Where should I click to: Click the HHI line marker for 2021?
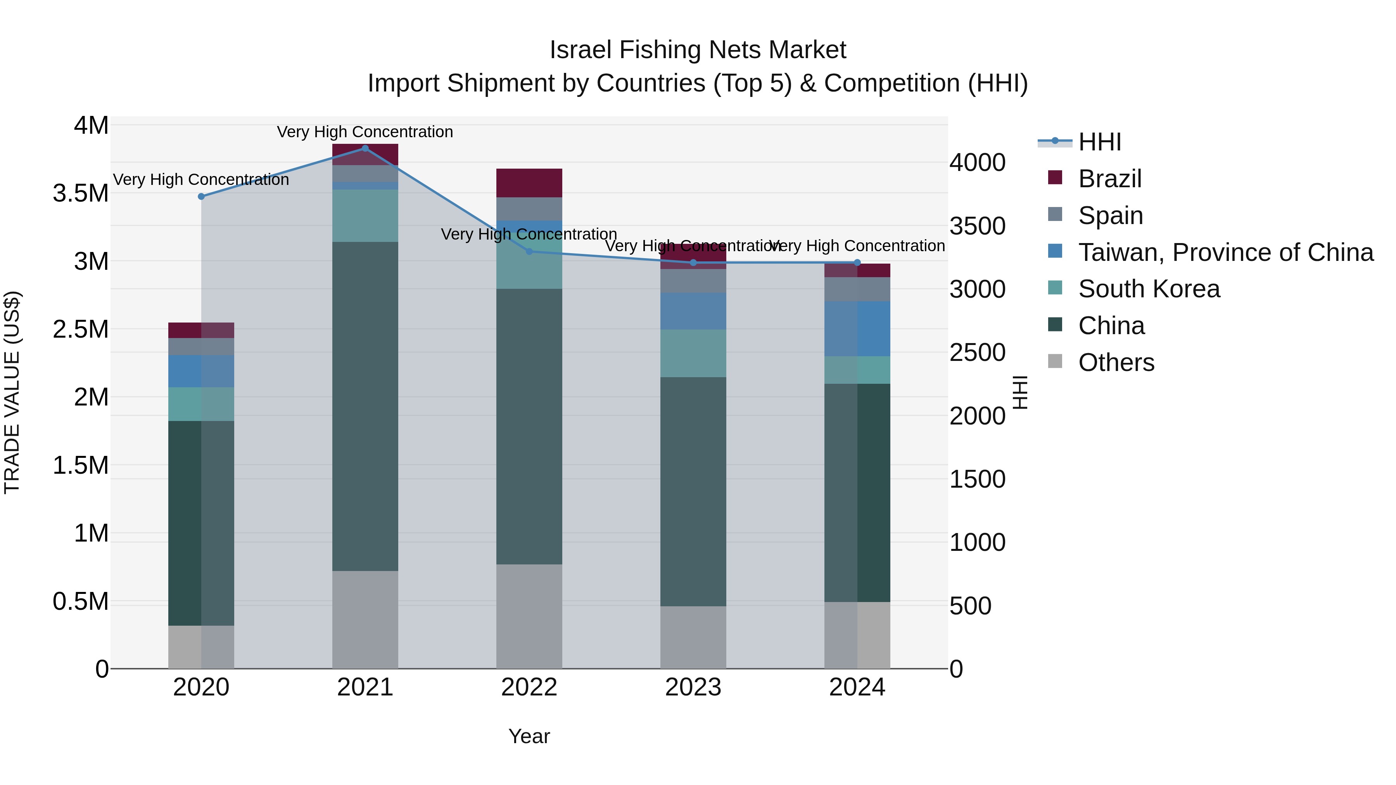pos(365,148)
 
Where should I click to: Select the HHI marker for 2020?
pos(201,197)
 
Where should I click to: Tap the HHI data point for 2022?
pos(529,251)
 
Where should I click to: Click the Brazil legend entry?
pos(1109,179)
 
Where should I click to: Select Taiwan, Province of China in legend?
pos(1225,252)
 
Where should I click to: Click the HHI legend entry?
pos(1099,142)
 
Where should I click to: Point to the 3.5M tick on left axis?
pos(80,193)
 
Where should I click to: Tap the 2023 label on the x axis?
pos(693,687)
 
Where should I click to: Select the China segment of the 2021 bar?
pos(365,406)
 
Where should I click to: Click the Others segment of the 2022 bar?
pos(529,616)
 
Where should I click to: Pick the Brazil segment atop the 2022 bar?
pos(529,183)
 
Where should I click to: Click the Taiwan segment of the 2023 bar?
pos(693,312)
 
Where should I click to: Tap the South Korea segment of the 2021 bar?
pos(365,216)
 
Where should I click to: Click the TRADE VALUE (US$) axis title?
pos(12,392)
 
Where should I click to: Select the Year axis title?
pos(529,736)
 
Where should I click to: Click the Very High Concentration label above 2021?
pos(365,132)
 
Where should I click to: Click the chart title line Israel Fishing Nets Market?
pos(698,50)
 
